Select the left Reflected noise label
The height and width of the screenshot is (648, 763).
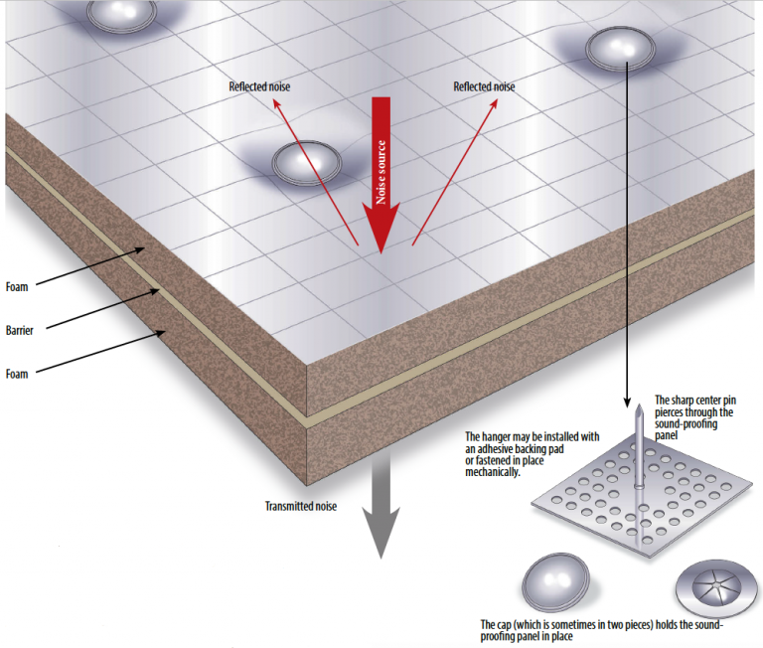click(x=259, y=86)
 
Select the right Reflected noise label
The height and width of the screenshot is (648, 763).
click(x=484, y=86)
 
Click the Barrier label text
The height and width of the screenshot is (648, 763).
click(x=20, y=331)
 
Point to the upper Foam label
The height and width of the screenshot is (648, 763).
click(x=17, y=287)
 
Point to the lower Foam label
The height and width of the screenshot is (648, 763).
click(x=17, y=374)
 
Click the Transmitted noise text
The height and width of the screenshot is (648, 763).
click(x=301, y=506)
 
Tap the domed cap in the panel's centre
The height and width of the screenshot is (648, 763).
click(x=307, y=163)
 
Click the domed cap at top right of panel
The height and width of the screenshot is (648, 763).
click(x=620, y=49)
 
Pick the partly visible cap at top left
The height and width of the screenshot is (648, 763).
click(x=121, y=15)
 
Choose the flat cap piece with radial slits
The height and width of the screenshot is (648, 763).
click(x=716, y=586)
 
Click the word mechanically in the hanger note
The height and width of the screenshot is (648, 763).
click(x=493, y=472)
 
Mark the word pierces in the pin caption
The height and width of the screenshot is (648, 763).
click(x=669, y=412)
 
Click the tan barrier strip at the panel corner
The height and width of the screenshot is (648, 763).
click(x=307, y=422)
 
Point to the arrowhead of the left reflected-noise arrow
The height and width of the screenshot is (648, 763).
click(x=276, y=103)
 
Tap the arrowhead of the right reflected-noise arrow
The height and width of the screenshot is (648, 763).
click(x=494, y=103)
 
